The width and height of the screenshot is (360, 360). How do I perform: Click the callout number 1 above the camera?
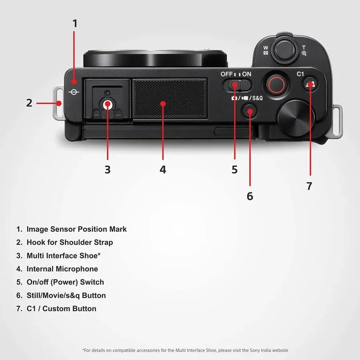pyautogui.click(x=75, y=24)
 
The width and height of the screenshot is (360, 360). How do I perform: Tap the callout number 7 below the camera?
pyautogui.click(x=309, y=186)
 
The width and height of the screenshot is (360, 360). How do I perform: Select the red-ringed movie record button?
pyautogui.click(x=276, y=84)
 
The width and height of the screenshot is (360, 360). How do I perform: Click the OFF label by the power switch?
pyautogui.click(x=226, y=74)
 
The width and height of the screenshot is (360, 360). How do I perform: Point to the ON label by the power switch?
pyautogui.click(x=246, y=74)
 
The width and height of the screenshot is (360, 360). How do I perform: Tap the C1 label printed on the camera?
pyautogui.click(x=300, y=74)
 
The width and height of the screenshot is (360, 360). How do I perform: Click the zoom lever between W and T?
pyautogui.click(x=285, y=49)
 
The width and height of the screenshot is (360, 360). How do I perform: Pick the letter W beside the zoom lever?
pyautogui.click(x=266, y=48)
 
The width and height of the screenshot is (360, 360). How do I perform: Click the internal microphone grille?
pyautogui.click(x=170, y=98)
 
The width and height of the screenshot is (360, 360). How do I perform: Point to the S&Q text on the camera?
pyautogui.click(x=257, y=98)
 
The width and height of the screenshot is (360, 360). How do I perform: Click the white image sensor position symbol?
pyautogui.click(x=74, y=92)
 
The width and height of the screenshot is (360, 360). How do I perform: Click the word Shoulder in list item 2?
pyautogui.click(x=76, y=242)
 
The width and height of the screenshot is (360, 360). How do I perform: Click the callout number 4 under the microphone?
pyautogui.click(x=163, y=170)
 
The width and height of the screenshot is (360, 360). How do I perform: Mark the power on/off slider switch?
pyautogui.click(x=237, y=85)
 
